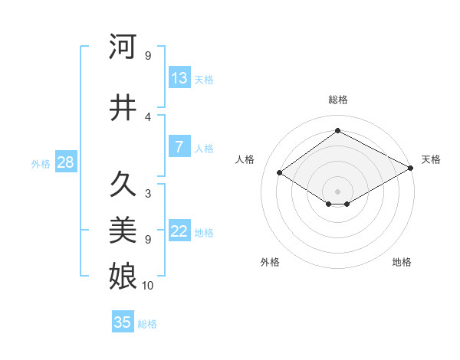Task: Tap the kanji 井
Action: click(123, 107)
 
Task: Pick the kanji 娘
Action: click(123, 273)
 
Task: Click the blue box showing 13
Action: click(179, 78)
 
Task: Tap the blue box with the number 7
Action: click(179, 147)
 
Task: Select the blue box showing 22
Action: click(179, 232)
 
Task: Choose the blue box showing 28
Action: click(65, 163)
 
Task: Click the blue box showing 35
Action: click(123, 322)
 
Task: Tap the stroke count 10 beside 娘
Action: click(148, 286)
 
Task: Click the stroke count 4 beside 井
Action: click(148, 117)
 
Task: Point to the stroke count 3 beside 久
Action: click(148, 194)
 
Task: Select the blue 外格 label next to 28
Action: click(40, 164)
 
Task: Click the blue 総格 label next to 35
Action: click(147, 324)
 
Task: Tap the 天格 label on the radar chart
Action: click(431, 159)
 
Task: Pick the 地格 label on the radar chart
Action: click(402, 262)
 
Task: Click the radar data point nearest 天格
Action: click(412, 169)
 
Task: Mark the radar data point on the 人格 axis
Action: click(280, 173)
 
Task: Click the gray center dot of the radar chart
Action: click(337, 190)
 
